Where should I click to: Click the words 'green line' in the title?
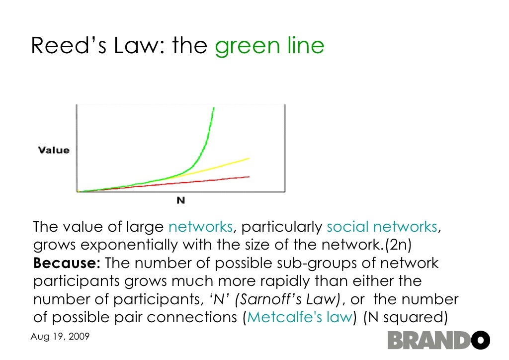(x=269, y=46)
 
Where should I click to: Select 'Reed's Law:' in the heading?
(x=99, y=46)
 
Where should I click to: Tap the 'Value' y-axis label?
(x=54, y=150)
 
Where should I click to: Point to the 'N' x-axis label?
(x=181, y=200)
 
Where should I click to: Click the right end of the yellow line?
(x=249, y=158)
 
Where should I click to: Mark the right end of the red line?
(x=249, y=177)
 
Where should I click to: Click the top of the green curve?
(x=214, y=108)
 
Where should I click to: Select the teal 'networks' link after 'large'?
(x=200, y=227)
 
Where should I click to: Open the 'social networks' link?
(x=382, y=227)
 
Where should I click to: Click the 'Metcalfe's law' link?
(x=299, y=317)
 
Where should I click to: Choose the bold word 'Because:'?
(x=68, y=263)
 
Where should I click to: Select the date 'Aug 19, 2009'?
(x=60, y=337)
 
